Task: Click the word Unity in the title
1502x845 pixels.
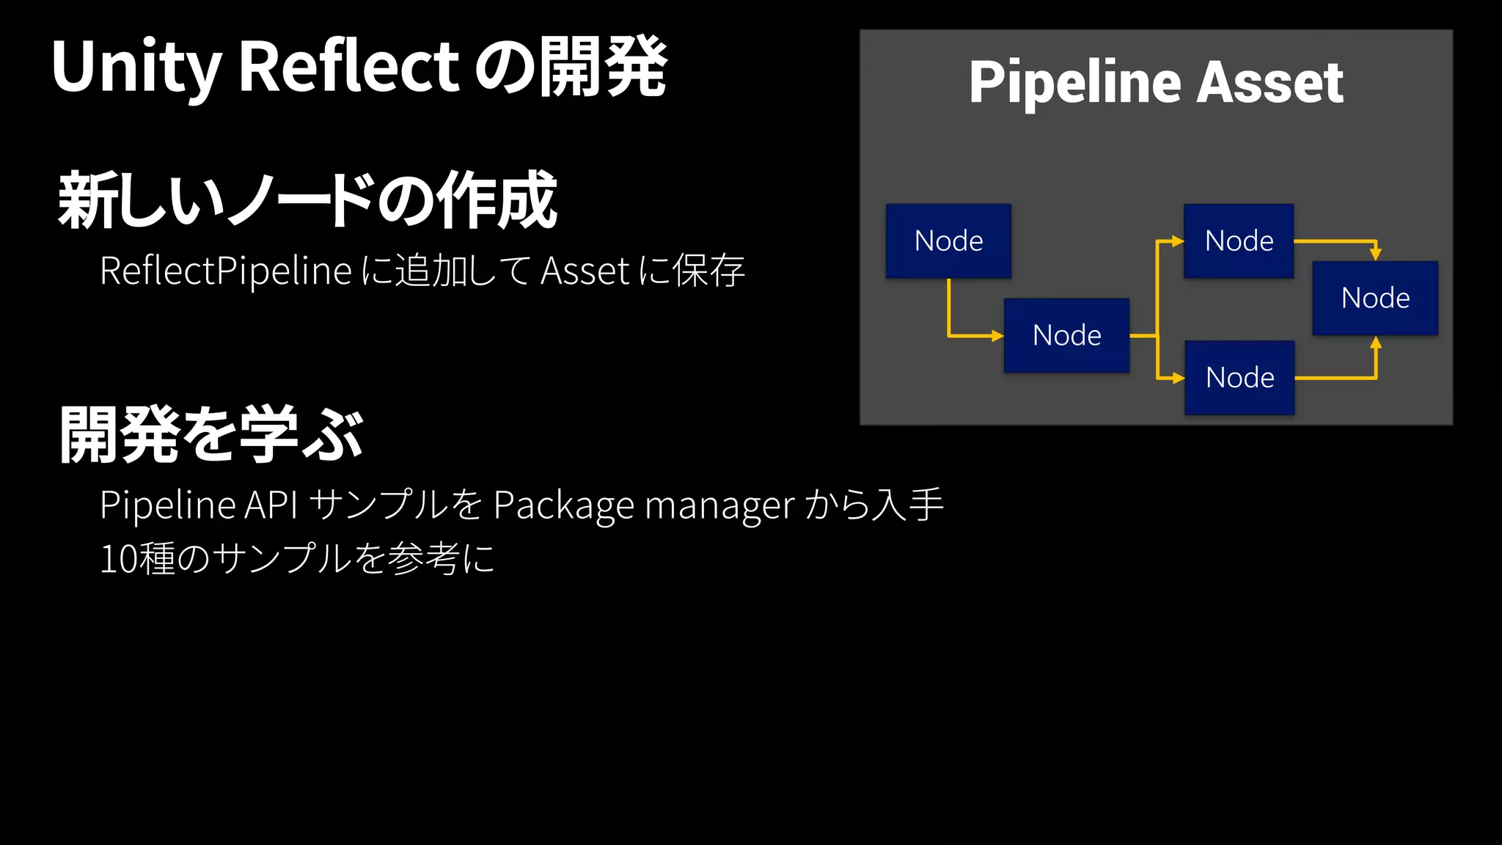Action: (x=136, y=67)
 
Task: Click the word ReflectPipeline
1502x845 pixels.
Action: (x=226, y=271)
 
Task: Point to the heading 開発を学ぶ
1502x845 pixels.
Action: (x=211, y=435)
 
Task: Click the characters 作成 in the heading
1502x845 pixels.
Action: (x=497, y=200)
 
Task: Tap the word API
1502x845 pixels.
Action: (x=271, y=505)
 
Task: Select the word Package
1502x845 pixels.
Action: (x=563, y=506)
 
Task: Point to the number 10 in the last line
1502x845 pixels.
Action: (x=118, y=559)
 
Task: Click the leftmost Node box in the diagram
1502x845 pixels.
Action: (x=948, y=241)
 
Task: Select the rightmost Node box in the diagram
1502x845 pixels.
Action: (x=1375, y=299)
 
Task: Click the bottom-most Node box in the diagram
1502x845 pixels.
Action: (x=1239, y=378)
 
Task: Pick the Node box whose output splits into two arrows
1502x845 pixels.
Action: (x=1066, y=335)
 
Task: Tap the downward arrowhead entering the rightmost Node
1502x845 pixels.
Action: (x=1376, y=254)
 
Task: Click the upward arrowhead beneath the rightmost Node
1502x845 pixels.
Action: (x=1376, y=343)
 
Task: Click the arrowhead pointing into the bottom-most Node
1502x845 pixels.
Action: (x=1179, y=378)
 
